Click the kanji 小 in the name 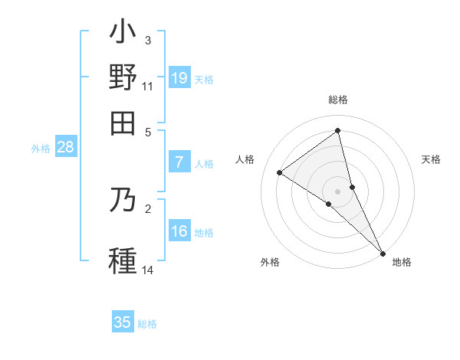(x=123, y=34)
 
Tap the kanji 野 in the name (x=123, y=79)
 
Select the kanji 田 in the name (x=123, y=123)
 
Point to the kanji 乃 (x=123, y=200)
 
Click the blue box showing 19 (x=179, y=77)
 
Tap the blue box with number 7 (x=179, y=162)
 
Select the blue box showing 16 (x=179, y=231)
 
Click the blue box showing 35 (x=123, y=322)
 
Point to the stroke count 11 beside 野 (x=148, y=87)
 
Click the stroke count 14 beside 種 (x=148, y=270)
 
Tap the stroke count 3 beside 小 (x=148, y=41)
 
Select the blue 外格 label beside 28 (x=41, y=149)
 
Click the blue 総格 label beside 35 (x=147, y=324)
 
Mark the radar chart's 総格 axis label (x=338, y=100)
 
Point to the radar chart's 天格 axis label (x=431, y=159)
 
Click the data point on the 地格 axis (x=383, y=252)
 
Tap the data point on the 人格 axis (x=280, y=172)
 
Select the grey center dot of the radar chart (x=338, y=191)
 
